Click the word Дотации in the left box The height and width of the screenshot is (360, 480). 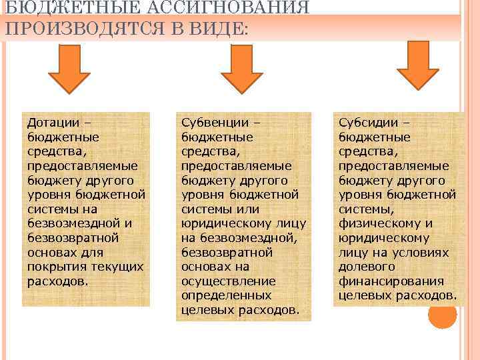pyautogui.click(x=52, y=123)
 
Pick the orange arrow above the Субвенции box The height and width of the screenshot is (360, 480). pyautogui.click(x=243, y=69)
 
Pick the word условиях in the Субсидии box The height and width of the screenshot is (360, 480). pyautogui.click(x=419, y=252)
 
